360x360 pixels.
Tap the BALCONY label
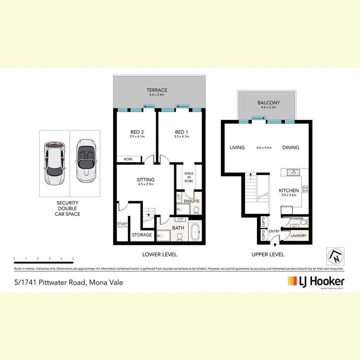pyautogui.click(x=268, y=103)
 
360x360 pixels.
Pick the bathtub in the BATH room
pyautogui.click(x=195, y=232)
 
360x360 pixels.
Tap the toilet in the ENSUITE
pyautogui.click(x=196, y=210)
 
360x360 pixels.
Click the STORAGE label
pyautogui.click(x=142, y=235)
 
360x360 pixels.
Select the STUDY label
pyautogui.click(x=122, y=223)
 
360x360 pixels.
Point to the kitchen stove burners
pyautogui.click(x=304, y=189)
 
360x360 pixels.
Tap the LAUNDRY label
pyautogui.click(x=299, y=236)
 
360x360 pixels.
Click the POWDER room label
pyautogui.click(x=297, y=219)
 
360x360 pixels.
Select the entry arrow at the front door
pyautogui.click(x=275, y=243)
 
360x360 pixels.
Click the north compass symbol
pyautogui.click(x=335, y=255)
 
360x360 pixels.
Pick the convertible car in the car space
pyautogui.click(x=85, y=161)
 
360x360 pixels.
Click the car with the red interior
pyautogui.click(x=54, y=163)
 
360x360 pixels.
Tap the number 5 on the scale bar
pyautogui.click(x=73, y=258)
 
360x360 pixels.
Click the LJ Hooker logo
pyautogui.click(x=316, y=281)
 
